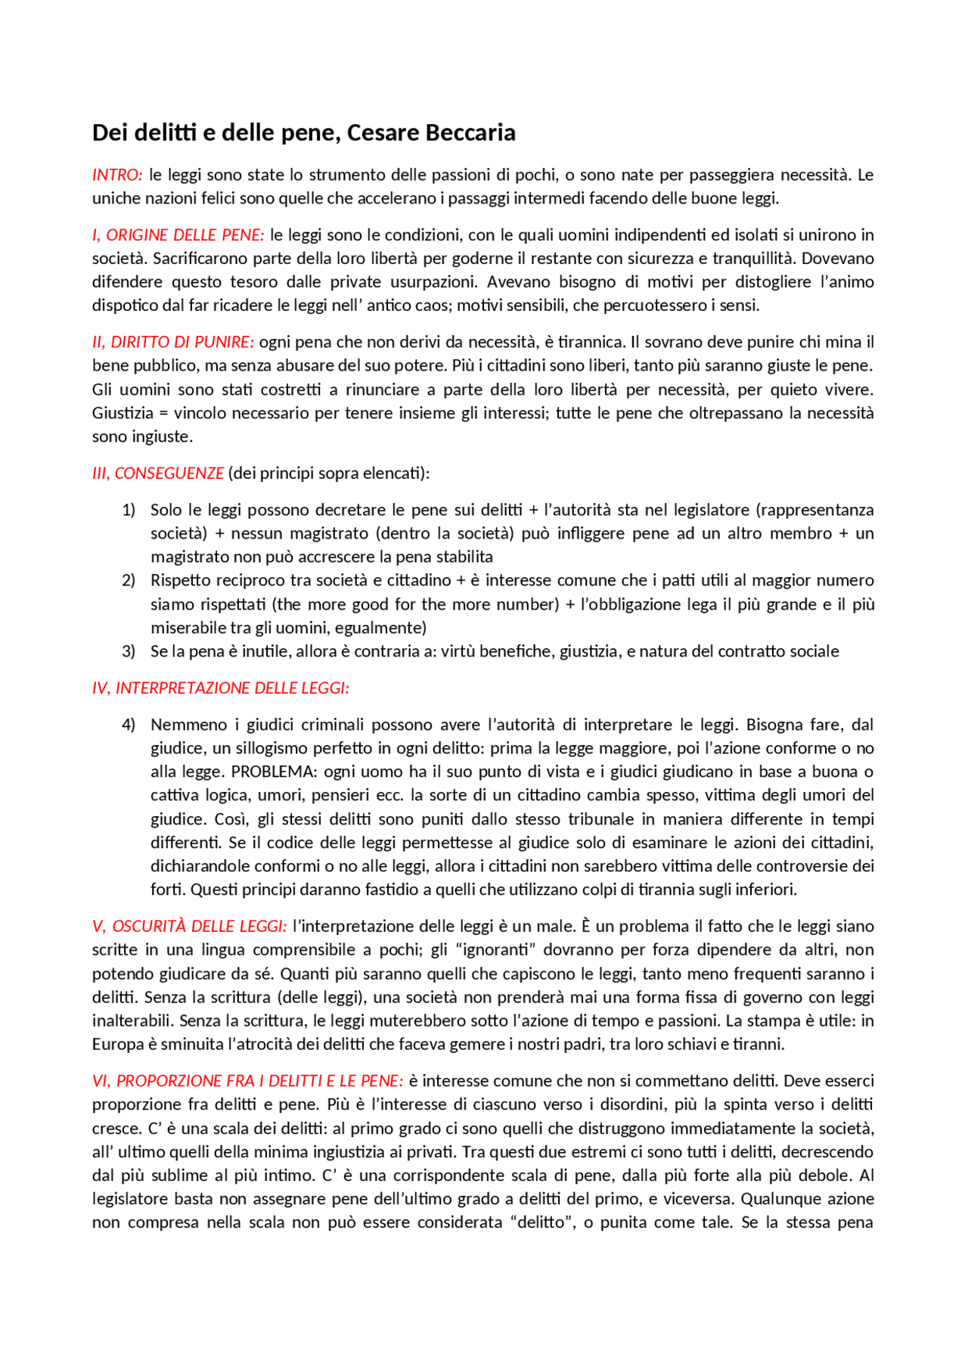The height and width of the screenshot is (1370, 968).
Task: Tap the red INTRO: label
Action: pos(117,175)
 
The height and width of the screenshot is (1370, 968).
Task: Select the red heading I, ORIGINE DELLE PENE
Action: pos(178,235)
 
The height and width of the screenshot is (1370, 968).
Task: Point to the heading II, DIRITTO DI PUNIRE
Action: pos(172,342)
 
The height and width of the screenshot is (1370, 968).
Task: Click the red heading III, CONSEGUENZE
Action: pos(157,473)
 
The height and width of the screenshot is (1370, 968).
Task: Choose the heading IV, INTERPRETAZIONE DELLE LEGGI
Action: pos(220,688)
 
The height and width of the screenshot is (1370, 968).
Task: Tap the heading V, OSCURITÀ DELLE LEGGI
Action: pos(189,926)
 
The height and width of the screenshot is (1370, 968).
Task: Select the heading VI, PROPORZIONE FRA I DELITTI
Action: pos(247,1080)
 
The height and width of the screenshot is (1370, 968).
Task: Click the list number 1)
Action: pos(129,510)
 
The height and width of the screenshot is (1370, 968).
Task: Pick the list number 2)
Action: pos(129,580)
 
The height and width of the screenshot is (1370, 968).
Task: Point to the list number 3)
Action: pos(129,651)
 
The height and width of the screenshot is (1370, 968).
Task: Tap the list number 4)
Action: pos(129,725)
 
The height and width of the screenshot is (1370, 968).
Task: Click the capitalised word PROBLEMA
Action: pos(273,772)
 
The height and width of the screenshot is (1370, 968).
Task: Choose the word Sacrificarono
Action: pos(200,259)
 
